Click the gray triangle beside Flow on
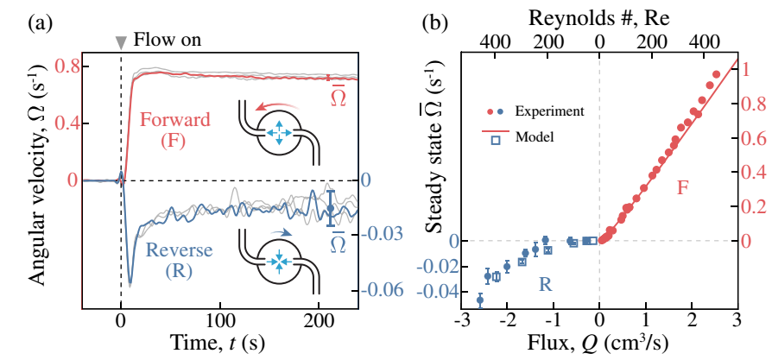(121, 44)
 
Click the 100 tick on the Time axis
(220, 319)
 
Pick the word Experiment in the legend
(549, 111)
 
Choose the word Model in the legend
(535, 137)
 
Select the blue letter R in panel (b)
(543, 286)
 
